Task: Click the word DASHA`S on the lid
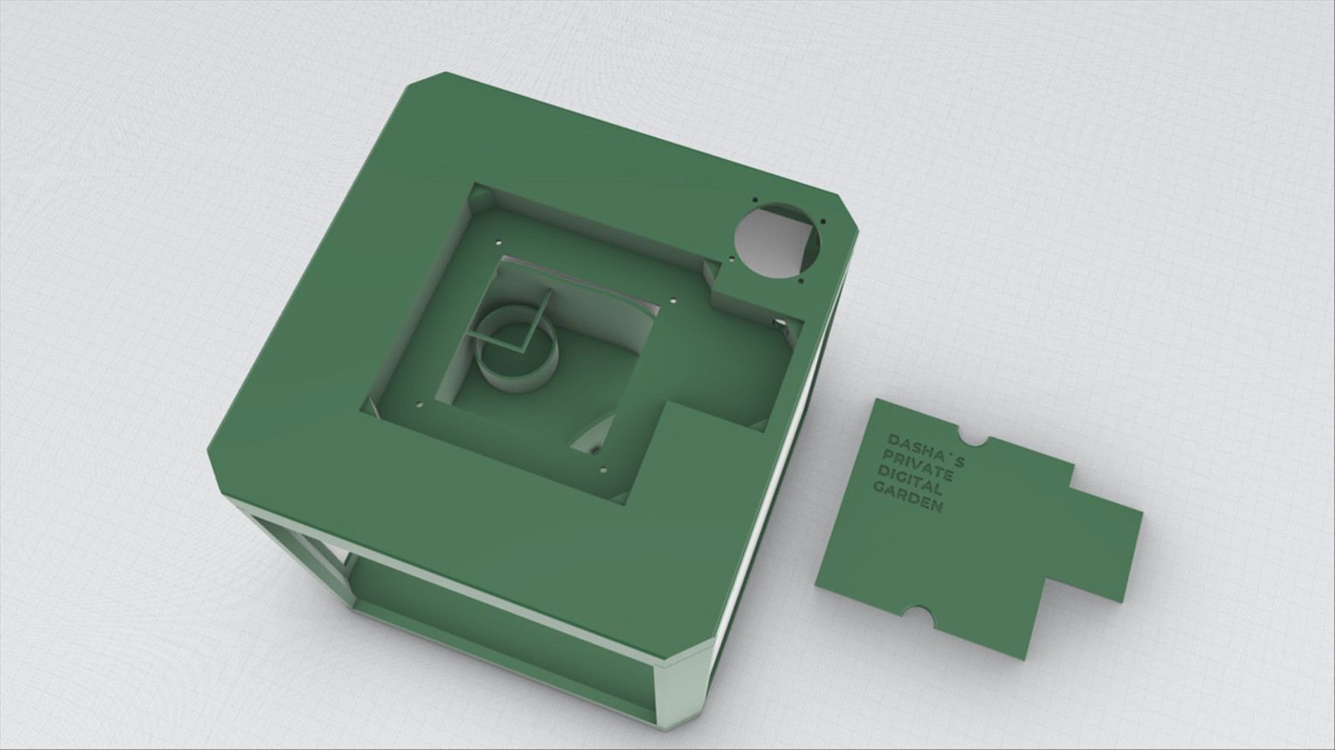[x=926, y=452]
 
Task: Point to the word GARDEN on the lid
[x=908, y=498]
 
